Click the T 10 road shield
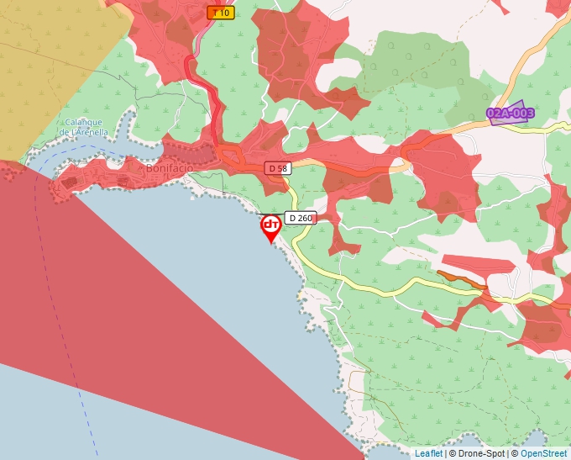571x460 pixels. pyautogui.click(x=220, y=13)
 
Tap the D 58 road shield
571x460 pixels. pyautogui.click(x=277, y=168)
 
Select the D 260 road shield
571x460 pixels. pyautogui.click(x=300, y=218)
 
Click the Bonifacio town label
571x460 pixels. pyautogui.click(x=170, y=168)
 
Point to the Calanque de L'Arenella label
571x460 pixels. pyautogui.click(x=84, y=127)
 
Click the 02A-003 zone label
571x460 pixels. pyautogui.click(x=510, y=113)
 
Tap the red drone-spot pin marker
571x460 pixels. pyautogui.click(x=271, y=226)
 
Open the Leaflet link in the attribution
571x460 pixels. pyautogui.click(x=427, y=453)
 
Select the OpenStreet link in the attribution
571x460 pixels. pyautogui.click(x=544, y=453)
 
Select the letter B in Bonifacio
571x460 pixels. pyautogui.click(x=149, y=168)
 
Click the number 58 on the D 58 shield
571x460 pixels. pyautogui.click(x=281, y=168)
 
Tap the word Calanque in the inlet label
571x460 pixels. pyautogui.click(x=83, y=122)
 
